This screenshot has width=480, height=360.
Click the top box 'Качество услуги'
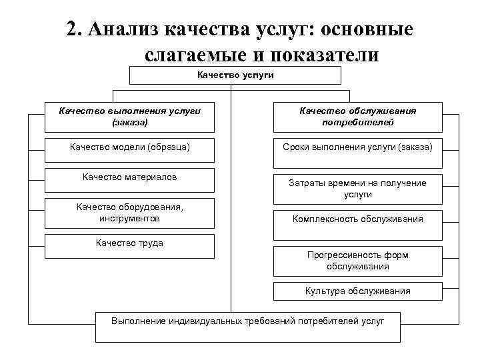[x=235, y=75]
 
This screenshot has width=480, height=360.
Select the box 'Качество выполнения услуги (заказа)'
[x=129, y=117]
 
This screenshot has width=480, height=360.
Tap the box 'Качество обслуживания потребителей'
[x=357, y=117]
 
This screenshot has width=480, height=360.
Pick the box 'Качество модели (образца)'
[x=129, y=147]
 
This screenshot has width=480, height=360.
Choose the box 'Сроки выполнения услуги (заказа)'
[x=357, y=147]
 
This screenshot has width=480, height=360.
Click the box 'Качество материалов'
[x=129, y=177]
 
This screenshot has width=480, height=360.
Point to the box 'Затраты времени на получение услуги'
[x=357, y=189]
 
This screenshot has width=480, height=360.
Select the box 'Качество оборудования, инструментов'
[x=129, y=213]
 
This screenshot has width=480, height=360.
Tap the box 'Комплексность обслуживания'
[x=357, y=219]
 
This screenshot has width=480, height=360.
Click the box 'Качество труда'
[x=129, y=244]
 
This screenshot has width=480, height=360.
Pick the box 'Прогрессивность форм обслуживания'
[x=357, y=261]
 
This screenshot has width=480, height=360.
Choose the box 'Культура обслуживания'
[x=357, y=291]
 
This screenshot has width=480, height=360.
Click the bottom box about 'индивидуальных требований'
[x=248, y=321]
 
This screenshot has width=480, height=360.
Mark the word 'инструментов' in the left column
[x=129, y=219]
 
